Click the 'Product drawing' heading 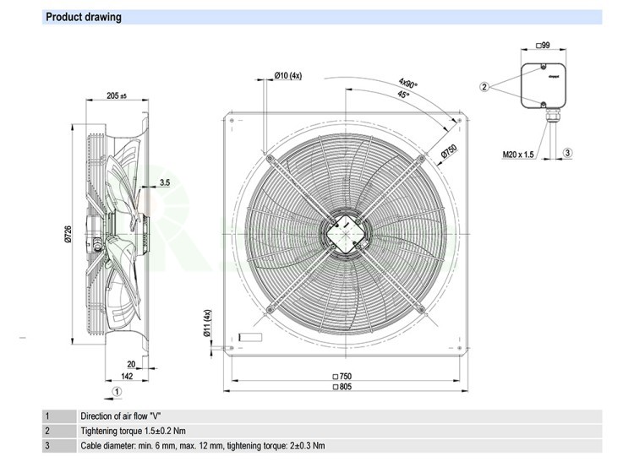pyautogui.click(x=83, y=17)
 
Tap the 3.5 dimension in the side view pyautogui.click(x=165, y=182)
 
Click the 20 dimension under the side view pyautogui.click(x=132, y=365)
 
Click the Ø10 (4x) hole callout pyautogui.click(x=287, y=76)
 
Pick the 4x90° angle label pyautogui.click(x=409, y=84)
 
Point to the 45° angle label pyautogui.click(x=403, y=95)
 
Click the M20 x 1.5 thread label pyautogui.click(x=517, y=154)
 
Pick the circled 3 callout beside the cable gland pyautogui.click(x=568, y=152)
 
